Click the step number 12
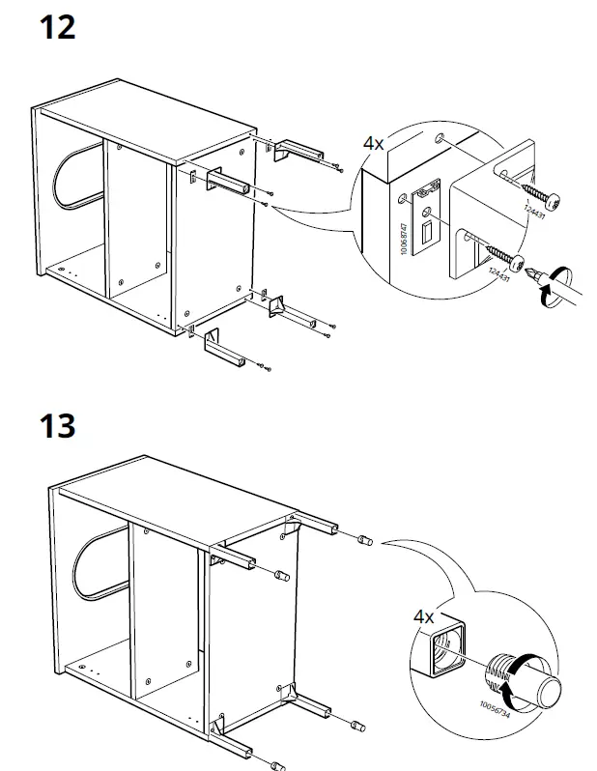point(58,26)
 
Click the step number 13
point(58,424)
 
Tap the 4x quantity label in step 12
point(374,143)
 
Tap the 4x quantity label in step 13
point(424,615)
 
